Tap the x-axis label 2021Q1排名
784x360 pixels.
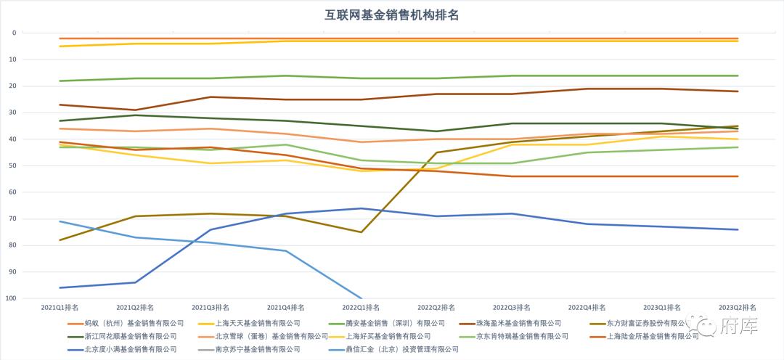tap(60, 308)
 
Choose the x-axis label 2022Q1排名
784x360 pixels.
tap(361, 308)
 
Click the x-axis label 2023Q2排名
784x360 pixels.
tap(738, 308)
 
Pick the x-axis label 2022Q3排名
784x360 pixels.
tap(512, 308)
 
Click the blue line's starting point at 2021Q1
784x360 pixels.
tap(60, 287)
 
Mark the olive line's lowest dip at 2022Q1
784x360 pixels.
tap(361, 232)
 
